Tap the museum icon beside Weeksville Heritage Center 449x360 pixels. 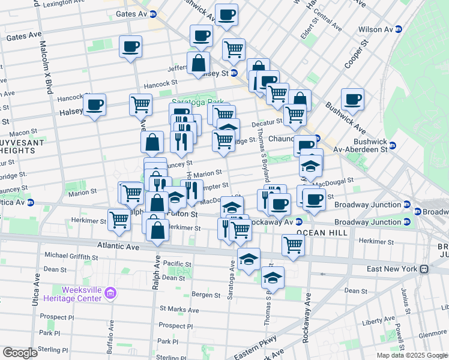tap(110, 293)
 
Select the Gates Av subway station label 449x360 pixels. tap(131, 13)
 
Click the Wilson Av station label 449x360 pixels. tap(375, 29)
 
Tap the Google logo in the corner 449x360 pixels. tap(20, 353)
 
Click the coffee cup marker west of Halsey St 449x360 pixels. tap(94, 106)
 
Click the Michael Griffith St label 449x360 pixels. tap(71, 256)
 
